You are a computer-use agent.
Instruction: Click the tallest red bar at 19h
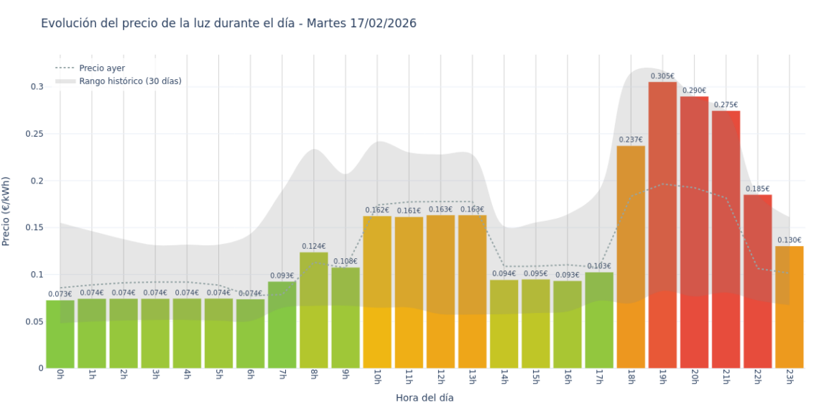click(662, 224)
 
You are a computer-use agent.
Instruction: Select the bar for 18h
click(631, 257)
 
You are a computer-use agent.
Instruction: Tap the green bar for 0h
click(60, 334)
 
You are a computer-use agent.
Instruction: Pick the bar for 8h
click(314, 310)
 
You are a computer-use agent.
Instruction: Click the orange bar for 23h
click(789, 306)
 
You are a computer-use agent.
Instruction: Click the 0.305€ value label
click(662, 76)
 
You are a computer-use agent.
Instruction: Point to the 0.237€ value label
click(630, 140)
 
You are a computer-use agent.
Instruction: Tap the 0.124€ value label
click(313, 246)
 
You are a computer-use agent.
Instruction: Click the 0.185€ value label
click(757, 188)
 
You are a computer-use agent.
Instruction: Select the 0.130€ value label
click(789, 240)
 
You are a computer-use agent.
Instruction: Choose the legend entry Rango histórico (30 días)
click(130, 81)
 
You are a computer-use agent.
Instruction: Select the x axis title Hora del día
click(425, 397)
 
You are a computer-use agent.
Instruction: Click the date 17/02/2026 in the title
click(380, 23)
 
